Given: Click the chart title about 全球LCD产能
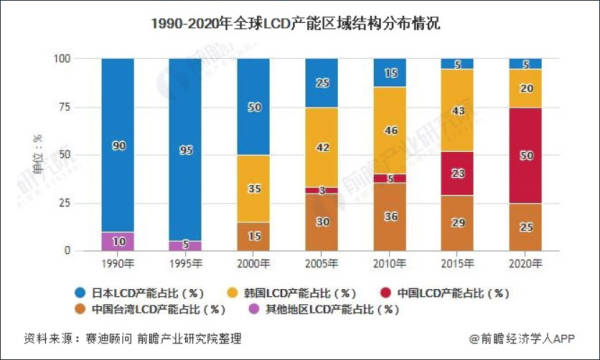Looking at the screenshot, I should (300, 20).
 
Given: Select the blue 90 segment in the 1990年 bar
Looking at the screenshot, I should (117, 145).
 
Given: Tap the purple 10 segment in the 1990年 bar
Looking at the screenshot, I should (117, 241).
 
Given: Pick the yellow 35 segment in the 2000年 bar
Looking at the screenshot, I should (253, 187).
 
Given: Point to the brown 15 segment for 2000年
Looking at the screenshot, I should (253, 236).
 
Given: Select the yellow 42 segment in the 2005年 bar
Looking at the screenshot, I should (322, 147).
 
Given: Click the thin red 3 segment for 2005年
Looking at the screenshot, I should (322, 190).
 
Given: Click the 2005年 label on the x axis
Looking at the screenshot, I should (322, 262).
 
